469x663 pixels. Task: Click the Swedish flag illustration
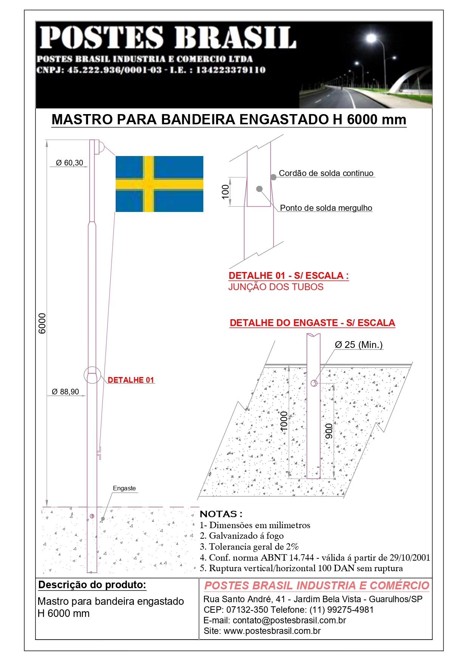pyautogui.click(x=159, y=184)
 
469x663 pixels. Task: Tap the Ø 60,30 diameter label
pyautogui.click(x=70, y=163)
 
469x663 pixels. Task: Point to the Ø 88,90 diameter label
pyautogui.click(x=65, y=392)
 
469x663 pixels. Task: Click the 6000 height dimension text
pyautogui.click(x=42, y=323)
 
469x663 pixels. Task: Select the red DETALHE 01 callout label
pyautogui.click(x=131, y=380)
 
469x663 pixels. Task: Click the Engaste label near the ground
pyautogui.click(x=124, y=488)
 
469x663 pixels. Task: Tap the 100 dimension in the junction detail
pyautogui.click(x=225, y=192)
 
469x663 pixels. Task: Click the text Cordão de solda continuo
pyautogui.click(x=326, y=173)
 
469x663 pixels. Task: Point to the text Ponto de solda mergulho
pyautogui.click(x=326, y=208)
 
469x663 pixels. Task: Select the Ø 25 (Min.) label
pyautogui.click(x=359, y=345)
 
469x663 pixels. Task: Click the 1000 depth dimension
pyautogui.click(x=284, y=421)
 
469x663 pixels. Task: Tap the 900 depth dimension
pyautogui.click(x=329, y=431)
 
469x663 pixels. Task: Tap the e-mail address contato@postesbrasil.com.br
pyautogui.click(x=289, y=620)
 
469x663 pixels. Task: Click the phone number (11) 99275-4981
pyautogui.click(x=341, y=610)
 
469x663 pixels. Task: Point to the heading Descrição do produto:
pyautogui.click(x=92, y=585)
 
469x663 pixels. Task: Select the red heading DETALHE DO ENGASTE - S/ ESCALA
pyautogui.click(x=312, y=323)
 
